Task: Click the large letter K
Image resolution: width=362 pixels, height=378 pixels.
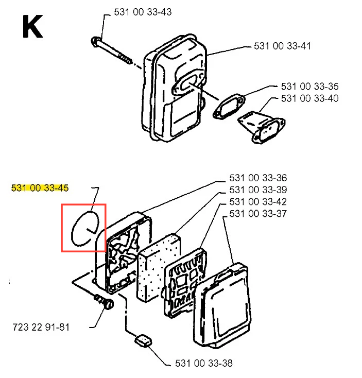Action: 31,27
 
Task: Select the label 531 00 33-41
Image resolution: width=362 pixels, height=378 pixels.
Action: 282,46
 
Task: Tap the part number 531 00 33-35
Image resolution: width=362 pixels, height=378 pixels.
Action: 309,86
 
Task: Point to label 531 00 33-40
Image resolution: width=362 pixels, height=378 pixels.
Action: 309,98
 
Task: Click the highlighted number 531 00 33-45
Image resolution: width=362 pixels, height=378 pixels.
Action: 40,188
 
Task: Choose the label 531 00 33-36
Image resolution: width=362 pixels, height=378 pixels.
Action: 258,178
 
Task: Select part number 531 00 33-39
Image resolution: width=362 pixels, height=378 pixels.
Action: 258,190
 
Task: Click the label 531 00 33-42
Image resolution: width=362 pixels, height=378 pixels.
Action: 258,202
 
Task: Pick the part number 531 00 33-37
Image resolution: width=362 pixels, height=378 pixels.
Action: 258,214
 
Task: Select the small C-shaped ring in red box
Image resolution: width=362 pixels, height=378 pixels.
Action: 83,227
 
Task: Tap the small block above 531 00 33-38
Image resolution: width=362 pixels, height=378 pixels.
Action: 143,340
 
